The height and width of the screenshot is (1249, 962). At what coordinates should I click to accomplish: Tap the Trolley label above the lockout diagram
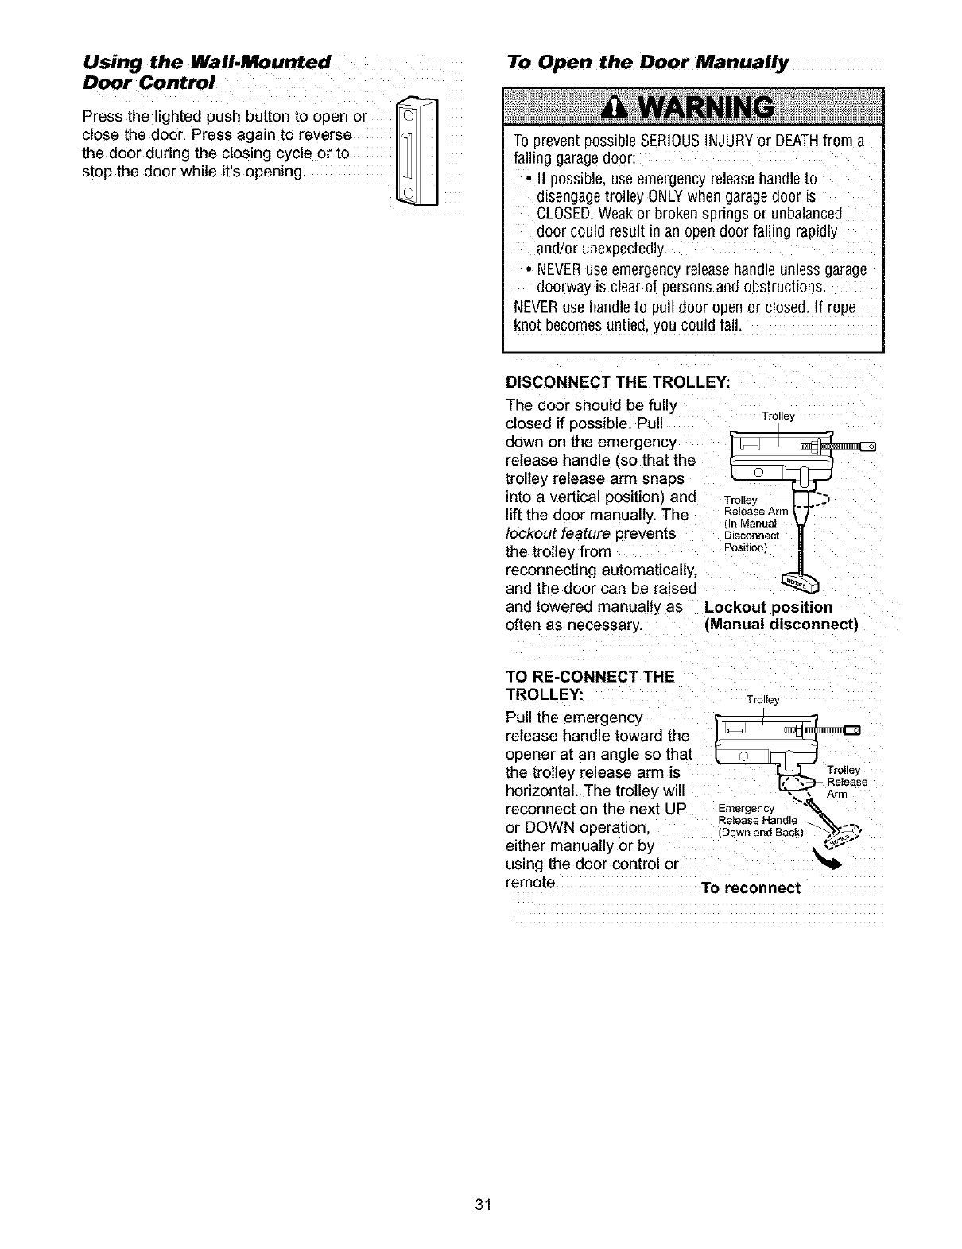point(778,416)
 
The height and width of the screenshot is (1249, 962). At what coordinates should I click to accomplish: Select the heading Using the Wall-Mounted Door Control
point(206,72)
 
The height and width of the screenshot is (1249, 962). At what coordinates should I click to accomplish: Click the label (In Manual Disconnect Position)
point(751,534)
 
